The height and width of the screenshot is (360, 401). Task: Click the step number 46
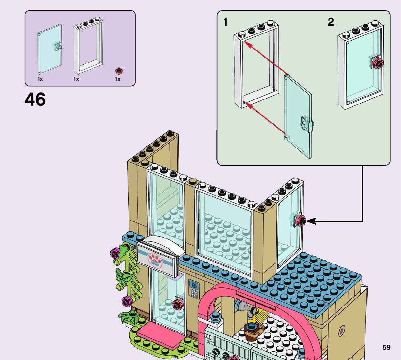click(x=35, y=99)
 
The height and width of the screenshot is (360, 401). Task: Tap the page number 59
click(x=386, y=348)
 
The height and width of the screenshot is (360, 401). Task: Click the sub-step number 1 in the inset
click(x=226, y=22)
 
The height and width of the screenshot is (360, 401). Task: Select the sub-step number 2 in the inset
click(x=331, y=22)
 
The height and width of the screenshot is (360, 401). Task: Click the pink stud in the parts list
click(x=118, y=70)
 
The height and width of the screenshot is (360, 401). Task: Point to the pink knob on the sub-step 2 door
click(x=379, y=64)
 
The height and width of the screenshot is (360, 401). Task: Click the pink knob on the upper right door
click(x=301, y=220)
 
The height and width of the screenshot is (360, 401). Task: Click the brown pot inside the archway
click(x=252, y=332)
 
